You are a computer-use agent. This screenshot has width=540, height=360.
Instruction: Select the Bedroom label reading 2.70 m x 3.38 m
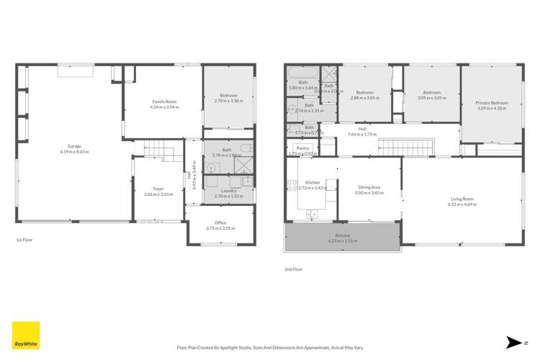coord(228,99)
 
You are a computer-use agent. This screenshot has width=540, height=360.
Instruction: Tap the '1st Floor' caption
coord(24,240)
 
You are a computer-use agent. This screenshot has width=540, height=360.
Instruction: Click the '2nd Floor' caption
coord(293,269)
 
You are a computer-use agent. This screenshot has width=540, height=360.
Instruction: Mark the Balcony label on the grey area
coord(343,238)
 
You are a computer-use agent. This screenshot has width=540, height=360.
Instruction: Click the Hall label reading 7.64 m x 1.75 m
coord(362,132)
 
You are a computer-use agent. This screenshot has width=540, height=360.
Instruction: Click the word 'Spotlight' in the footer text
coord(264,346)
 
